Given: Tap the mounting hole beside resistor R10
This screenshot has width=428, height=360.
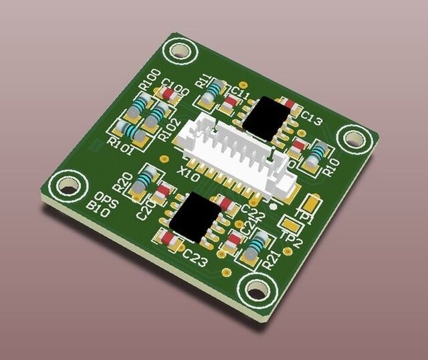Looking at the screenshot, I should tap(352, 138).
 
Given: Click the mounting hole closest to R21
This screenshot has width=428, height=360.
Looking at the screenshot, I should tap(257, 290).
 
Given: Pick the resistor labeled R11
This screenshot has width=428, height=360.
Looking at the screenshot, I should tap(213, 91).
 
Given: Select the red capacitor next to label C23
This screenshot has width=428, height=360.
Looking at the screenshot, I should tap(167, 238).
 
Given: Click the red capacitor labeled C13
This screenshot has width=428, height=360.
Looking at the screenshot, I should tap(290, 106).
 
